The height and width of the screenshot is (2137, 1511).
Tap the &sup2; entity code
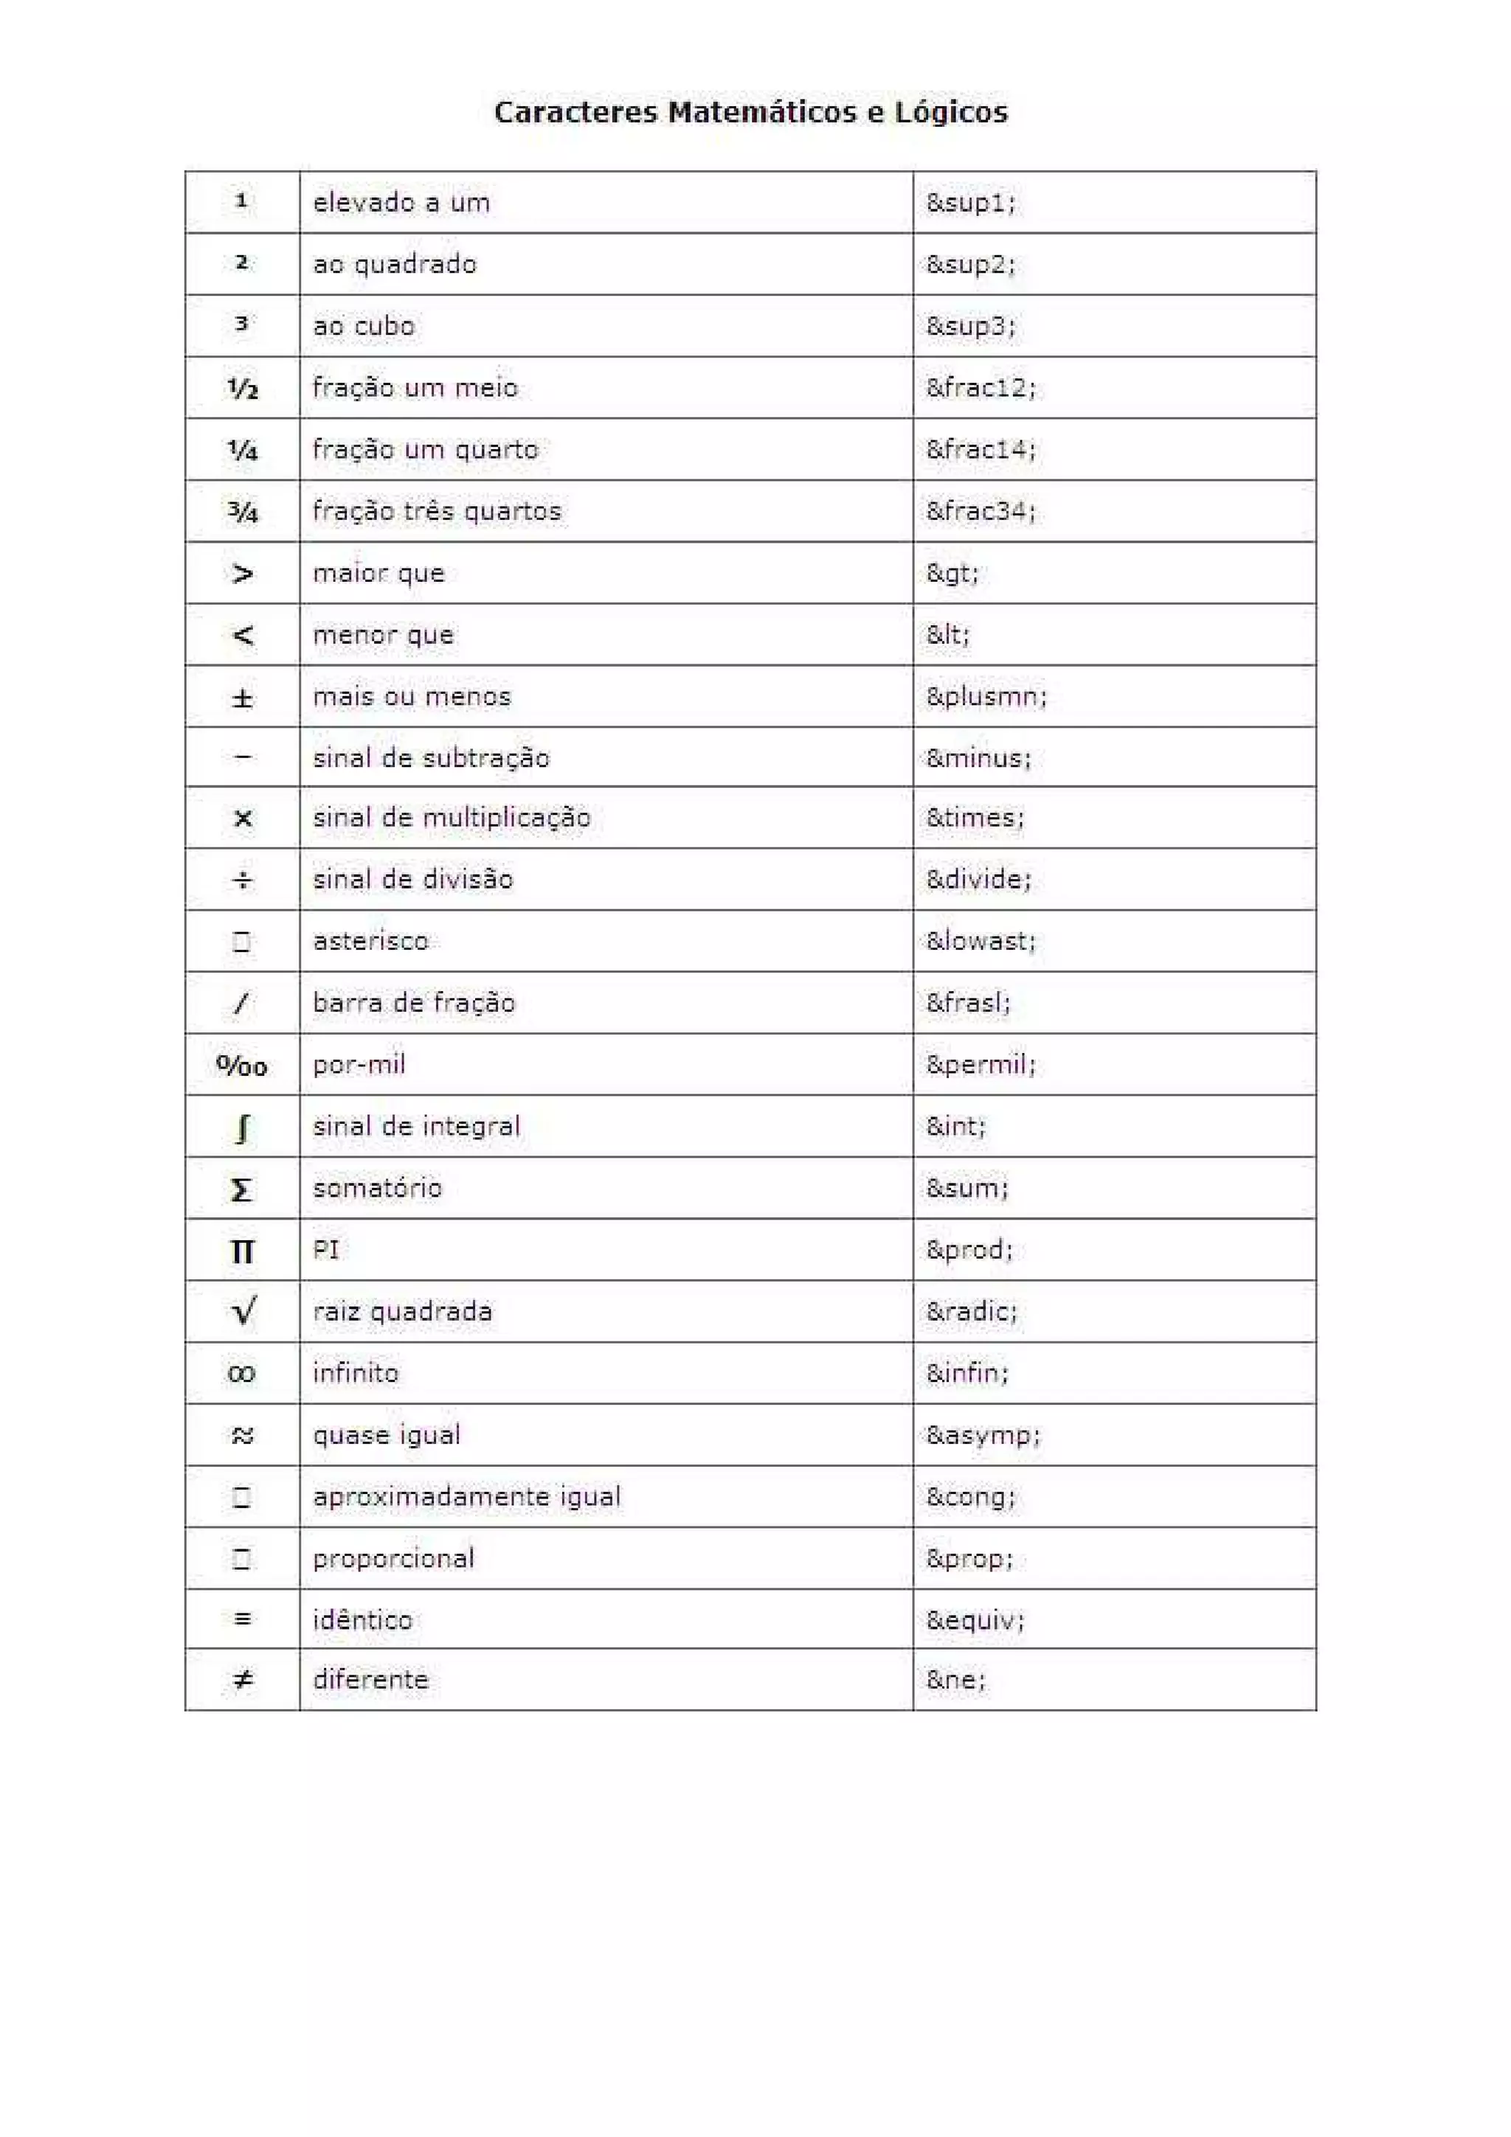(970, 264)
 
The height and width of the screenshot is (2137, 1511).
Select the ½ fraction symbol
(242, 388)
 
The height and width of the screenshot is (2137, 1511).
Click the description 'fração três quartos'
(437, 511)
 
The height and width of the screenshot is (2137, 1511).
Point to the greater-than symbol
(242, 574)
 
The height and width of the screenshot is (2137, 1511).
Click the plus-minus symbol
(242, 697)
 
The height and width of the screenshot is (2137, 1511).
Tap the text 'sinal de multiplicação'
(452, 817)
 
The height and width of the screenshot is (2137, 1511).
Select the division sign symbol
(242, 880)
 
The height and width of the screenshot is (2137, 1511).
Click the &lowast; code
(981, 941)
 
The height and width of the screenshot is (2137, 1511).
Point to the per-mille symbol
(241, 1065)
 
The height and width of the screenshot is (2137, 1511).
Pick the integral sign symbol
(242, 1127)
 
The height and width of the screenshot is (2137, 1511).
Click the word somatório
(377, 1188)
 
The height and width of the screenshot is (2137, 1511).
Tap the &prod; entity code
(968, 1249)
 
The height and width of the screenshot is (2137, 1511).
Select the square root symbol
(243, 1311)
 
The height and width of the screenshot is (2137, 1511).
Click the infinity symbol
(241, 1374)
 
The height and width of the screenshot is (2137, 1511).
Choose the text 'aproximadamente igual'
(466, 1497)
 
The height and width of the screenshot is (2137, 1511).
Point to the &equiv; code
(975, 1620)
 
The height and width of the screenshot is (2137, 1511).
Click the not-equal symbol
(242, 1680)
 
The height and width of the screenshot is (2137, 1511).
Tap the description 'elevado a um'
(401, 203)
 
